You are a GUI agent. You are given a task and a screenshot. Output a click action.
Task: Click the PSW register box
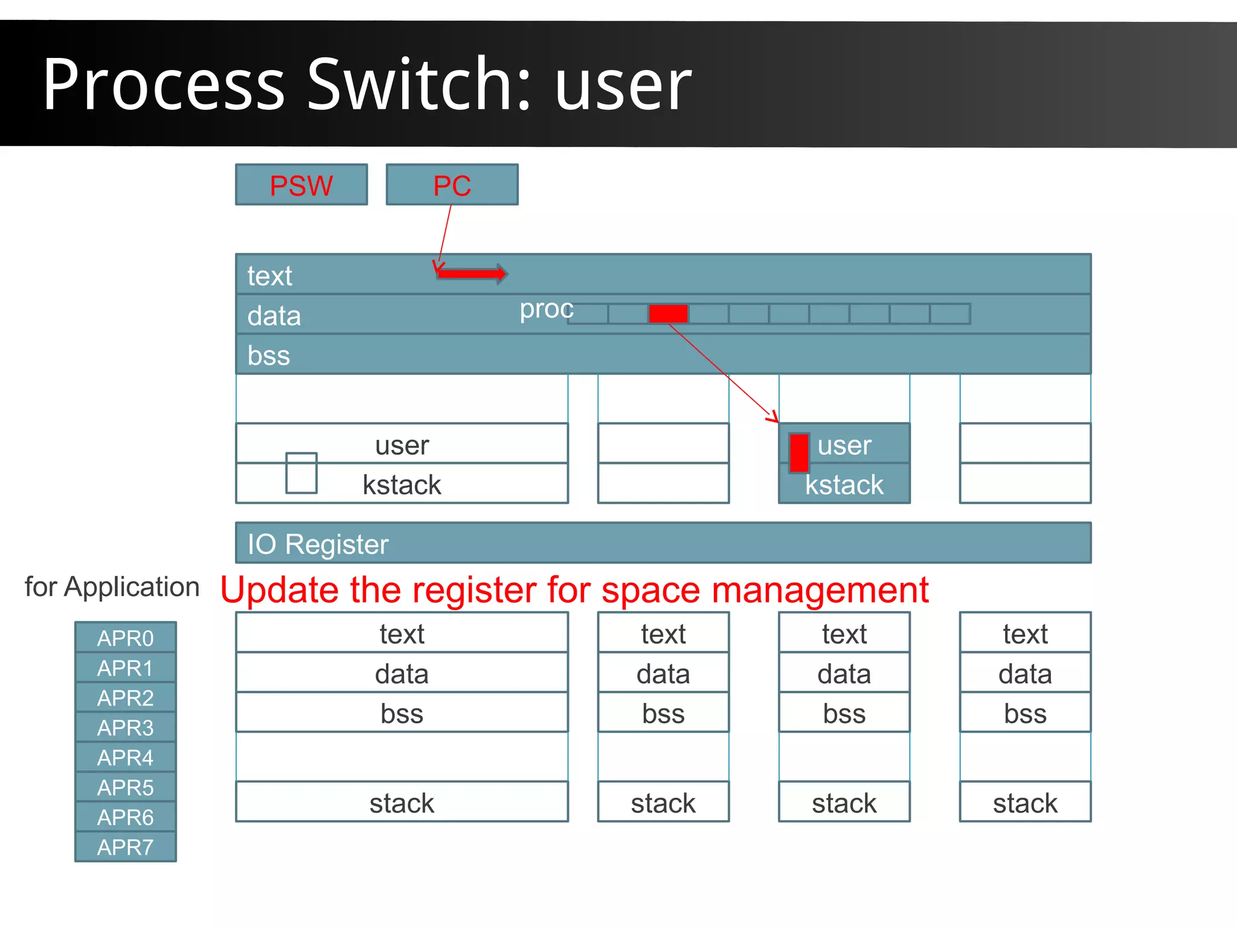pos(301,185)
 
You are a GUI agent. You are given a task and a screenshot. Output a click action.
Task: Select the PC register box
pos(452,185)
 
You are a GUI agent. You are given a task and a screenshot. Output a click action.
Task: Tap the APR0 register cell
pos(126,638)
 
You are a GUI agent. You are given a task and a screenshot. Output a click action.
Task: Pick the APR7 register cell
pos(126,847)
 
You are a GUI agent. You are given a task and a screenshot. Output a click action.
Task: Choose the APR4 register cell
pos(126,757)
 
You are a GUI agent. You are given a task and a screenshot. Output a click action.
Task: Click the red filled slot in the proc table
pos(668,313)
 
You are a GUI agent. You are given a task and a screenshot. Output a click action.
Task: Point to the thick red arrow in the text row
pos(472,274)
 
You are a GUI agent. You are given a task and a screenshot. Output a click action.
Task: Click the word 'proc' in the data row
pos(547,309)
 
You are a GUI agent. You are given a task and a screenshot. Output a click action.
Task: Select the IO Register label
pos(318,544)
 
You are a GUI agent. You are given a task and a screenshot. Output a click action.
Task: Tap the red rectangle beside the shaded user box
pos(798,452)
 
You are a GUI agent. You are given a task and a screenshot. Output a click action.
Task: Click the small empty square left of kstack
pos(301,473)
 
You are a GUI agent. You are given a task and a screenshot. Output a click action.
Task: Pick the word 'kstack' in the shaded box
pos(844,485)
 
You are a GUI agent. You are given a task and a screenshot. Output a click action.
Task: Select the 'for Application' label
pos(112,587)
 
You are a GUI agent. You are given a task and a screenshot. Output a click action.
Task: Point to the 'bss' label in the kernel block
pos(269,355)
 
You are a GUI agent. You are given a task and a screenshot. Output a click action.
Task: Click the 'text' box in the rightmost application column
pos(1025,634)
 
